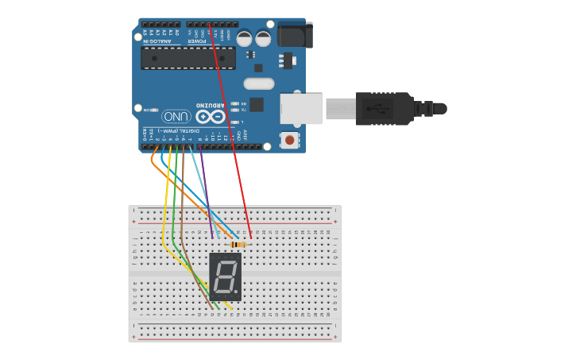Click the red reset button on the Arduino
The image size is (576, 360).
tap(289, 140)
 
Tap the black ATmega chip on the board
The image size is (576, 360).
tap(187, 58)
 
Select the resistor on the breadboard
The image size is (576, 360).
tap(238, 245)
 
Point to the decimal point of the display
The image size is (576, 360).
tap(236, 291)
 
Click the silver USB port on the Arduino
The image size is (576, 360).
tap(301, 108)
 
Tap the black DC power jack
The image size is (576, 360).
tap(295, 35)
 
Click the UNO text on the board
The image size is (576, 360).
tap(176, 116)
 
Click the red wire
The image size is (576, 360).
tap(231, 135)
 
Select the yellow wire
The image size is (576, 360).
tap(166, 207)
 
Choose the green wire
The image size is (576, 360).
tap(175, 215)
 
